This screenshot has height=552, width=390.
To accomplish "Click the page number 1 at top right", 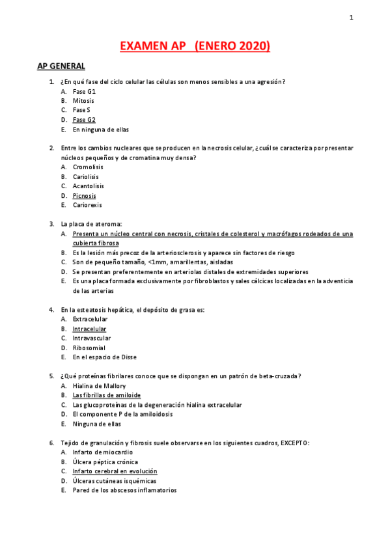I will (x=351, y=18).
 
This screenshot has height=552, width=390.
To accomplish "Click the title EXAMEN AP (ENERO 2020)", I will (x=195, y=46).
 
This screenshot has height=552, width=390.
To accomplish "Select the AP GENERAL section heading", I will (x=61, y=66).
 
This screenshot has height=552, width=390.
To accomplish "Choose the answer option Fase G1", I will (x=84, y=91).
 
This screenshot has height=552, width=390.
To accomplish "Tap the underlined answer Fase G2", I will (x=84, y=120).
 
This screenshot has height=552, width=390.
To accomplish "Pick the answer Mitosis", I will (x=83, y=101).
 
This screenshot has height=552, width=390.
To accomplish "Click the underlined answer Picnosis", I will (x=84, y=195).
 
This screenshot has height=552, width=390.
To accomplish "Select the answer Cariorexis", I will (x=87, y=205).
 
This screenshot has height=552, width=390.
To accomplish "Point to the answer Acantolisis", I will (x=88, y=186).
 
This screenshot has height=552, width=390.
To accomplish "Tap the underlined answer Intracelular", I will (x=89, y=329).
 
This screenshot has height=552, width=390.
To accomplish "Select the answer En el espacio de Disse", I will (x=104, y=357).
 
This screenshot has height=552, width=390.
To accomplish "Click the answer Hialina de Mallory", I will (x=99, y=385).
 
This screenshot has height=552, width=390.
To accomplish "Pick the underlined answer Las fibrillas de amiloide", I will (x=106, y=395).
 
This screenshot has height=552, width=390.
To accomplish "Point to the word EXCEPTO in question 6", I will (x=294, y=443).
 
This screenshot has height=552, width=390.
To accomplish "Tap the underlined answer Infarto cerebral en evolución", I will (x=115, y=471).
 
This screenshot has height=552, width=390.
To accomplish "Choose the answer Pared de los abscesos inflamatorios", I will (x=124, y=490).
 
